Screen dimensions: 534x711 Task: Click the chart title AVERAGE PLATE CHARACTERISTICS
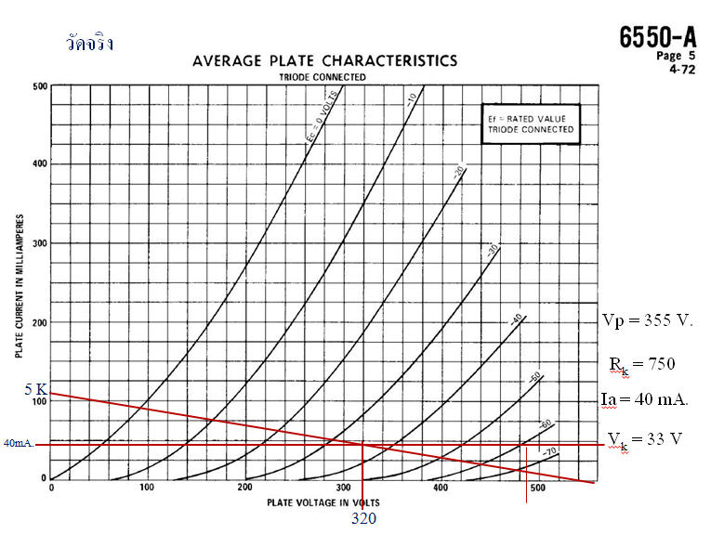[x=324, y=61]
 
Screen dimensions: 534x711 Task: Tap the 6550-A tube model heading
[x=657, y=37]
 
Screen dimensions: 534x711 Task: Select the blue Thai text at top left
[x=90, y=43]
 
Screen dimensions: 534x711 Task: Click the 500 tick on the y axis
[x=40, y=86]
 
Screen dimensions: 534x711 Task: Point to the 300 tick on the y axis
[x=40, y=243]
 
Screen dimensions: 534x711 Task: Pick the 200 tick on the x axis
[x=245, y=488]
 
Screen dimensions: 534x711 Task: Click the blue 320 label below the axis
[x=363, y=518]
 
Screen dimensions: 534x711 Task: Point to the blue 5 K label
[x=35, y=390]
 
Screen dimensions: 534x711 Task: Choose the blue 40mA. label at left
[x=20, y=443]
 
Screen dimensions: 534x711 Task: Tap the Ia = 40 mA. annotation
[x=644, y=399]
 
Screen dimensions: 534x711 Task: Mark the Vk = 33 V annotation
[x=643, y=438]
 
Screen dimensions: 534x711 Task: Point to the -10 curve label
[x=412, y=99]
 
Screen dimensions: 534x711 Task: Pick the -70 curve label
[x=550, y=451]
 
